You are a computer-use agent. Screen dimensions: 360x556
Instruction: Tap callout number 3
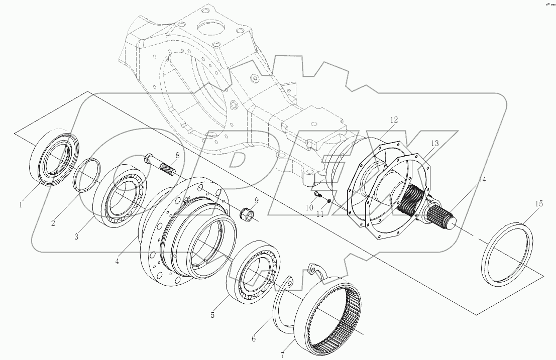pyautogui.click(x=76, y=236)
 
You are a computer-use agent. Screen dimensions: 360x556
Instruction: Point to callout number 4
pyautogui.click(x=117, y=262)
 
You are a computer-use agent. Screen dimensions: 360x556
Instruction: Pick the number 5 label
pyautogui.click(x=212, y=315)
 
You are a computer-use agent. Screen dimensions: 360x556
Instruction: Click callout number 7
pyautogui.click(x=282, y=355)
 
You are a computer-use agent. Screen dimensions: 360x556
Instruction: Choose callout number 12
pyautogui.click(x=394, y=119)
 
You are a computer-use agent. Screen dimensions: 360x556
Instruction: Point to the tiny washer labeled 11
pyautogui.click(x=329, y=202)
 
